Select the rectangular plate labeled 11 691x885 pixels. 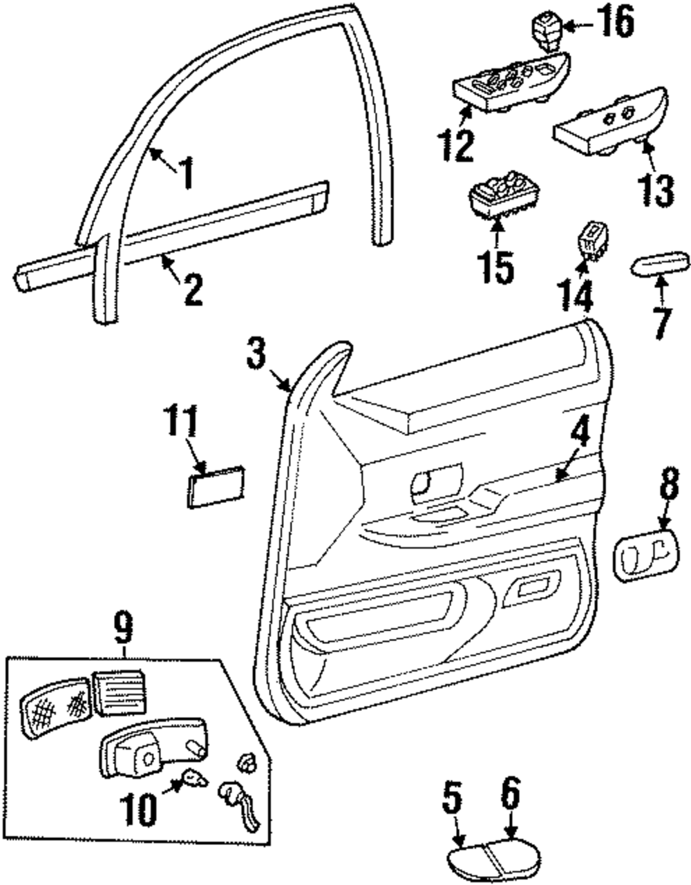tap(214, 487)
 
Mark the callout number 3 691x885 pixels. tap(256, 353)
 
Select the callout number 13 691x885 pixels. tap(654, 187)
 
